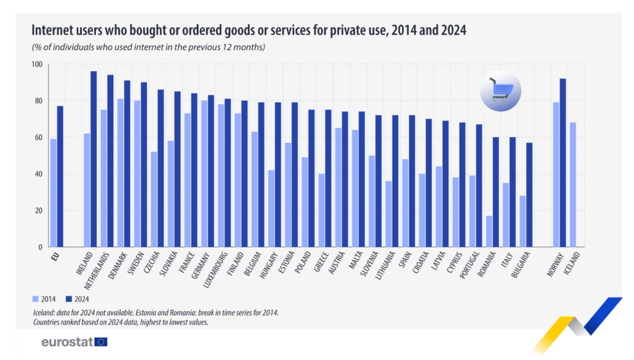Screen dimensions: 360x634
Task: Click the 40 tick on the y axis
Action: (38, 174)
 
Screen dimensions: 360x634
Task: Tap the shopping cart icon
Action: (500, 90)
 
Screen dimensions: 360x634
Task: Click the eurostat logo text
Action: (66, 341)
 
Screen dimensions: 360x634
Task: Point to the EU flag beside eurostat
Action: (101, 341)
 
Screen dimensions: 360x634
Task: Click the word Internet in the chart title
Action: (52, 30)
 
